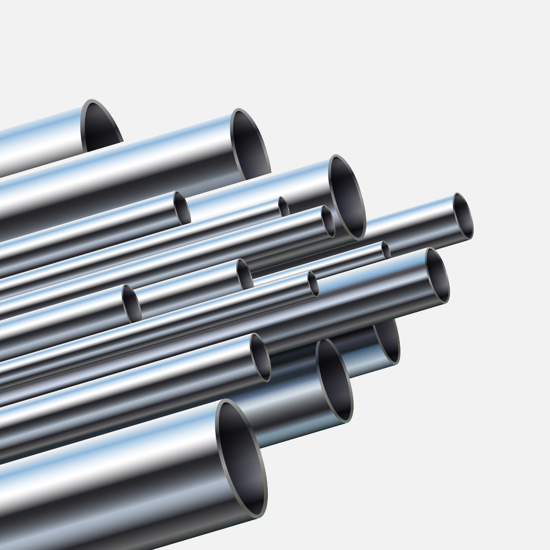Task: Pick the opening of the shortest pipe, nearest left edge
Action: click(x=131, y=303)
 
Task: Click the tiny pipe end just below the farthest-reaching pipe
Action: click(x=386, y=250)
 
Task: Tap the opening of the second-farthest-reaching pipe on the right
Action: click(x=437, y=275)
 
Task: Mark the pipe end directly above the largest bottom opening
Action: click(x=260, y=357)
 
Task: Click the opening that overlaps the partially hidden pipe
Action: click(x=334, y=380)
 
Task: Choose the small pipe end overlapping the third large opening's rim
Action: click(x=328, y=222)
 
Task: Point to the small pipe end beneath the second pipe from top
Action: click(x=182, y=208)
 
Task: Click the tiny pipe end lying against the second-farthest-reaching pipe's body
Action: click(x=313, y=283)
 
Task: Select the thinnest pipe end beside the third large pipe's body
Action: click(x=284, y=207)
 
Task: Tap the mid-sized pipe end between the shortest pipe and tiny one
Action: click(x=245, y=274)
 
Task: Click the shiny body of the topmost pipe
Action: click(x=38, y=140)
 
